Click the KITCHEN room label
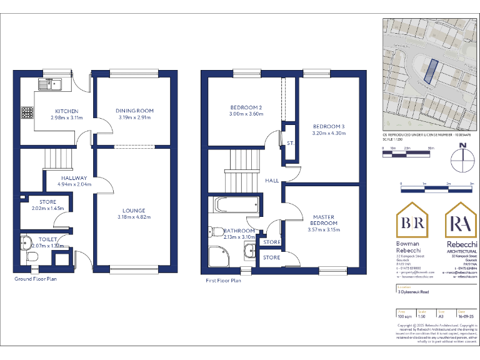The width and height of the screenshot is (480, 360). (x=66, y=111)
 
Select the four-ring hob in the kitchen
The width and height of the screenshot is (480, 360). (x=28, y=113)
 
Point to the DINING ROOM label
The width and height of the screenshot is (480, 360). (x=134, y=111)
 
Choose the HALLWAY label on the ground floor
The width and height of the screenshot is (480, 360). (x=74, y=178)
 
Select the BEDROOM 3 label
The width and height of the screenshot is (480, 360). (x=329, y=127)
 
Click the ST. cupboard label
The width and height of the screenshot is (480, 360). (x=290, y=143)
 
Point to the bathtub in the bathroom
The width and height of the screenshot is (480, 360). (x=236, y=204)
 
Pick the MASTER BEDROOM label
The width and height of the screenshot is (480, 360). (x=324, y=220)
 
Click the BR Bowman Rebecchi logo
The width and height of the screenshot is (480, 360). (x=413, y=222)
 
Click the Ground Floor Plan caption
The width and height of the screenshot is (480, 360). (x=35, y=279)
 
